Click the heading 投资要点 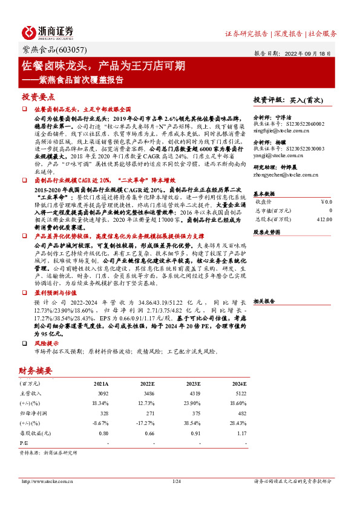[39, 97]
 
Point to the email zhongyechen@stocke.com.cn [282, 175]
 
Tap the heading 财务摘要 [36, 371]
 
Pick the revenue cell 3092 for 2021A [102, 394]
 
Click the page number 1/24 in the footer [177, 481]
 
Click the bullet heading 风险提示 [47, 342]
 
